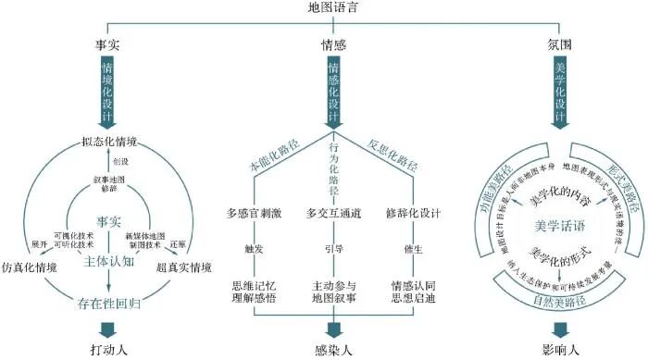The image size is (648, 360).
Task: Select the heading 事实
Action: pyautogui.click(x=108, y=43)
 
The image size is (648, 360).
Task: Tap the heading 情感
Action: pyautogui.click(x=332, y=43)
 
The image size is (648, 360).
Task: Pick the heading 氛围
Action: pyautogui.click(x=559, y=43)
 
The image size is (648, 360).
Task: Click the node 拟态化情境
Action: pyautogui.click(x=109, y=142)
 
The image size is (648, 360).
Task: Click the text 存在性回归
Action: pyautogui.click(x=108, y=300)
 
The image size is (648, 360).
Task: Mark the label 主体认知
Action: pyautogui.click(x=109, y=262)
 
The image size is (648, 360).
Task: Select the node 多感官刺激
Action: pyautogui.click(x=255, y=214)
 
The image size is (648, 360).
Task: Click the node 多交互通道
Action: pyautogui.click(x=333, y=214)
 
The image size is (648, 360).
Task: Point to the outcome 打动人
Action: pyautogui.click(x=108, y=352)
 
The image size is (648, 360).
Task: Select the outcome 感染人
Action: pyautogui.click(x=332, y=352)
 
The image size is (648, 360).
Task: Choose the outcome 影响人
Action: pyautogui.click(x=559, y=352)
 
